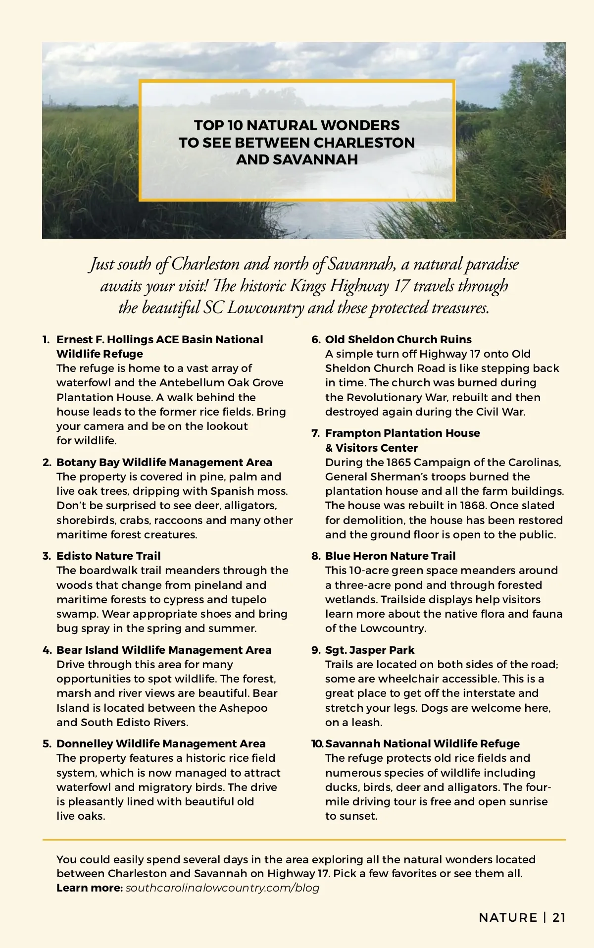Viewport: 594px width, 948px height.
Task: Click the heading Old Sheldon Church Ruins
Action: pos(398,339)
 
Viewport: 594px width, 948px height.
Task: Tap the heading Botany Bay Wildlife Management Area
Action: pos(164,462)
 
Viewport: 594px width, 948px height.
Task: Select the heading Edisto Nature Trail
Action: pos(108,556)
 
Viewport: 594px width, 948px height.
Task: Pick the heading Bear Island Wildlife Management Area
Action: pos(164,650)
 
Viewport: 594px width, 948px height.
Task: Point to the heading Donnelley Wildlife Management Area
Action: pos(161,743)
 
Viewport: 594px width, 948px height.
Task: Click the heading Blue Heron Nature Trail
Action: pos(390,556)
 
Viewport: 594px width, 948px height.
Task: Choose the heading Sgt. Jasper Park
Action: pos(370,650)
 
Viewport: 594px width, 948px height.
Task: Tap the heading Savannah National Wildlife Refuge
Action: pos(422,743)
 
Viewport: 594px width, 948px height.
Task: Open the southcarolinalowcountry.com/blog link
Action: pos(222,888)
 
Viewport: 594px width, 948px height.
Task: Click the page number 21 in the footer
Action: pos(559,917)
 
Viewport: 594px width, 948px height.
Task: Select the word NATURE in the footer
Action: pos(508,917)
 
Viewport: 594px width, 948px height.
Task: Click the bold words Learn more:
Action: pos(90,888)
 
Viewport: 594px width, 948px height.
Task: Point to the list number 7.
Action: pos(315,433)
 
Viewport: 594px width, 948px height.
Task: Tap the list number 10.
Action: pos(317,743)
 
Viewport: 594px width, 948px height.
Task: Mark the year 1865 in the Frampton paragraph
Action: pos(398,462)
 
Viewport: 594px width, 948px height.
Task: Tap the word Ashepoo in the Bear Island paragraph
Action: pos(243,708)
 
